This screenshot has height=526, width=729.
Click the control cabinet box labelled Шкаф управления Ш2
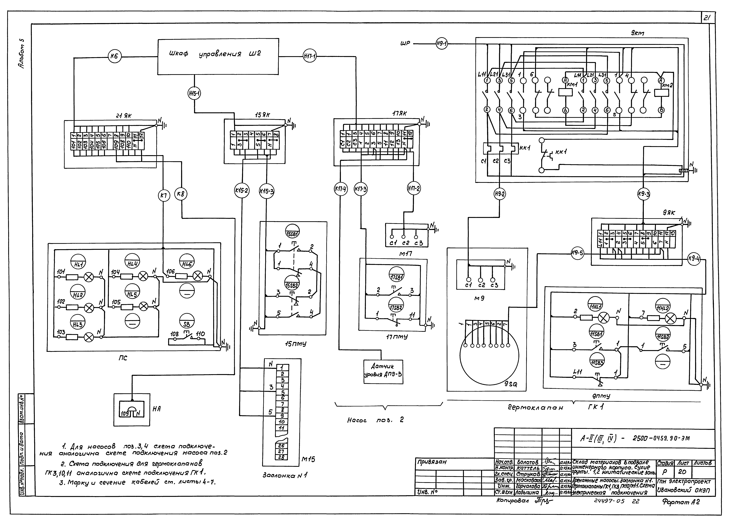218,57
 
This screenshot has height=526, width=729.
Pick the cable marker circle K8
181,194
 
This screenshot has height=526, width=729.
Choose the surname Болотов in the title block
528,462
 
